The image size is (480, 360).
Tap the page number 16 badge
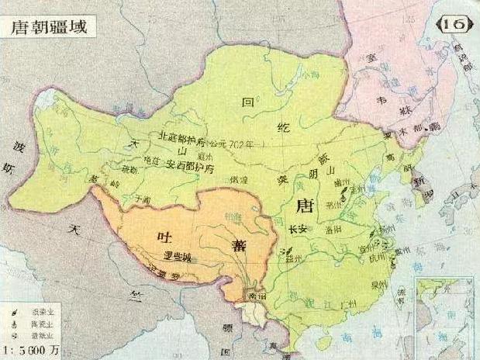(456, 24)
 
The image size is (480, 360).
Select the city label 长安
(299, 230)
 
